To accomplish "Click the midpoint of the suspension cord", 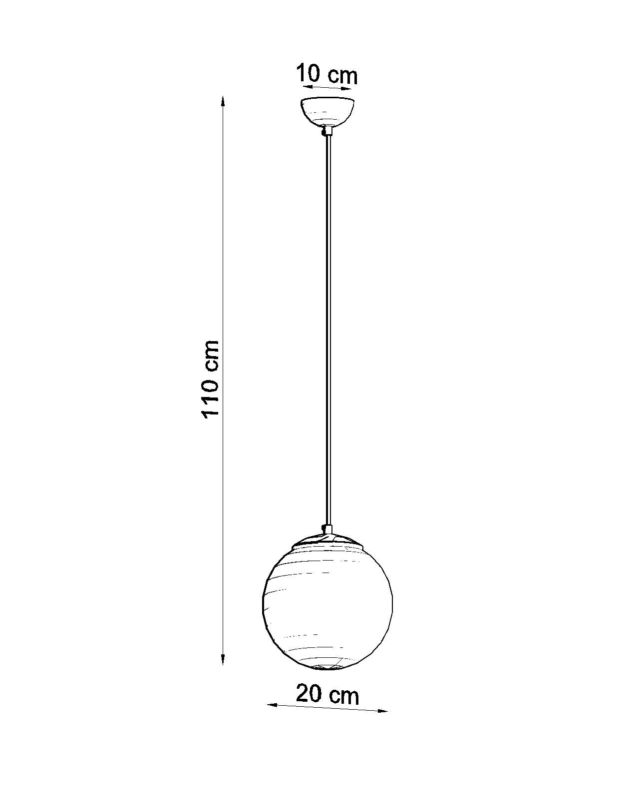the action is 327,331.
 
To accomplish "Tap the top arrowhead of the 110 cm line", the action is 223,101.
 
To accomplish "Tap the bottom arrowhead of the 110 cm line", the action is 223,660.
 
